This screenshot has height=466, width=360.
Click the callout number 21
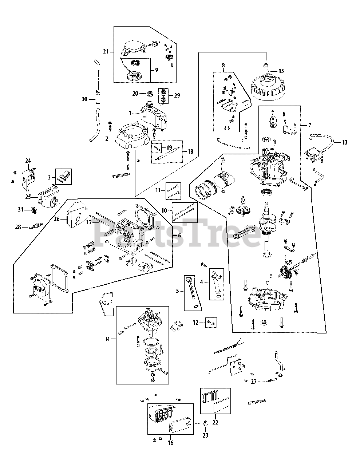(106, 52)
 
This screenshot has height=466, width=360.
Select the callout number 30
(84, 99)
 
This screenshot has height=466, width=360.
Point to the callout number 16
(171, 443)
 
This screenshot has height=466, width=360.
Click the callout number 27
(254, 382)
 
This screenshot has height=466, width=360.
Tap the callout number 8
(223, 66)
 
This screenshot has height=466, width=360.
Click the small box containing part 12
(211, 322)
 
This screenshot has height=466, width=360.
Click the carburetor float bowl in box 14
(150, 364)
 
